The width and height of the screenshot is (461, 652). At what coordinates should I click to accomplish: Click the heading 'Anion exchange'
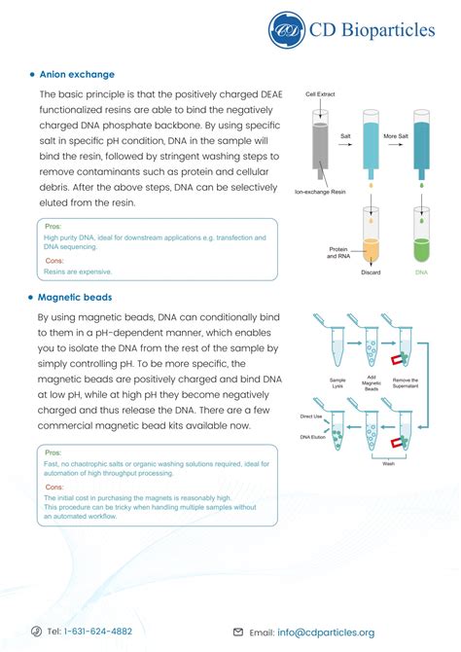tap(77, 74)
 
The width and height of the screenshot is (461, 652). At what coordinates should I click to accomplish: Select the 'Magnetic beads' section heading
tap(75, 298)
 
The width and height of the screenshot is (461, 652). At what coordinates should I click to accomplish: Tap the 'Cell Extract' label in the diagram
tap(321, 95)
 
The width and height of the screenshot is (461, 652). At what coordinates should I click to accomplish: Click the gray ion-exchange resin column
tap(321, 146)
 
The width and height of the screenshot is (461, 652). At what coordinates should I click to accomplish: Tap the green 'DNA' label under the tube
tap(421, 273)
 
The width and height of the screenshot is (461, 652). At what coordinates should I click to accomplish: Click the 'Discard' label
tap(372, 273)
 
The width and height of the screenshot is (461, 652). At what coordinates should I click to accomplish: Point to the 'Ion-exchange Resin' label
tap(321, 192)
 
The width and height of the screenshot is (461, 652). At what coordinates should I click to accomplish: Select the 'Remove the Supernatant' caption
tap(406, 383)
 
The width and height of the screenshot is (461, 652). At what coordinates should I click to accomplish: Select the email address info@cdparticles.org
tap(325, 632)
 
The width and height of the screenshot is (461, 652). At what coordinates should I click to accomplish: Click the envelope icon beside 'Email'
tap(238, 632)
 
